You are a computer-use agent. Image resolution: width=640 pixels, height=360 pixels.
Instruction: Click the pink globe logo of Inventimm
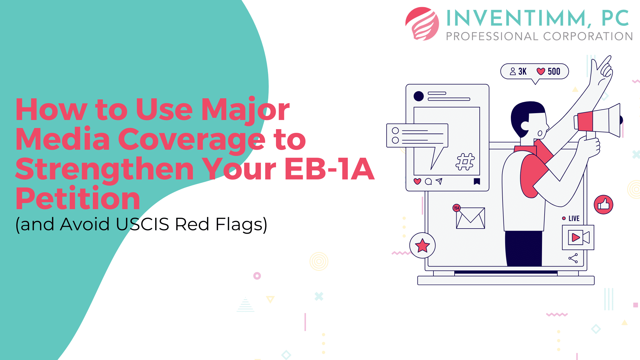(422, 24)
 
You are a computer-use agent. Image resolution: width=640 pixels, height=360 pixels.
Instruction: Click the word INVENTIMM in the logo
(517, 18)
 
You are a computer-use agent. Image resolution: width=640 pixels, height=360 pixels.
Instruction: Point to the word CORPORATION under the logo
(588, 36)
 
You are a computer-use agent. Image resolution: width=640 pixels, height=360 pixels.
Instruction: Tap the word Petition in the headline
(78, 198)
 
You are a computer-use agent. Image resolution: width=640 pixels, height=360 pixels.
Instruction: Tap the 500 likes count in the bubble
(554, 71)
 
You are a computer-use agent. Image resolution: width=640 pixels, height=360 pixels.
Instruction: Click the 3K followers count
(522, 71)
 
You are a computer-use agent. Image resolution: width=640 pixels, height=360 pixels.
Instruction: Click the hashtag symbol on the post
(465, 162)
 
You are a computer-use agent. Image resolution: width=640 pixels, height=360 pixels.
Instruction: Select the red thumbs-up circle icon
(603, 205)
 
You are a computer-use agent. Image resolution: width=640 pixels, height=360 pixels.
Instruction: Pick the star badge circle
(422, 245)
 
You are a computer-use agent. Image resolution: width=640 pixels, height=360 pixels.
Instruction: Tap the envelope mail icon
(471, 218)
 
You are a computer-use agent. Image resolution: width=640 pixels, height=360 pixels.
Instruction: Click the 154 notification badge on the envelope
(457, 208)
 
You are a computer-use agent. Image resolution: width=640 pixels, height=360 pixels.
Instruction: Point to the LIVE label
(574, 219)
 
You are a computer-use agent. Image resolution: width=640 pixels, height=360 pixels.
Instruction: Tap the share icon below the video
(573, 258)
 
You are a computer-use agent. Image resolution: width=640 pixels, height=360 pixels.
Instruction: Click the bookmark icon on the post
(477, 181)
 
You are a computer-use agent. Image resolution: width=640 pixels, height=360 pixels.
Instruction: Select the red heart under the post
(417, 181)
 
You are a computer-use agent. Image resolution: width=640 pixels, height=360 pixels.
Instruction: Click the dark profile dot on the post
(419, 96)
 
